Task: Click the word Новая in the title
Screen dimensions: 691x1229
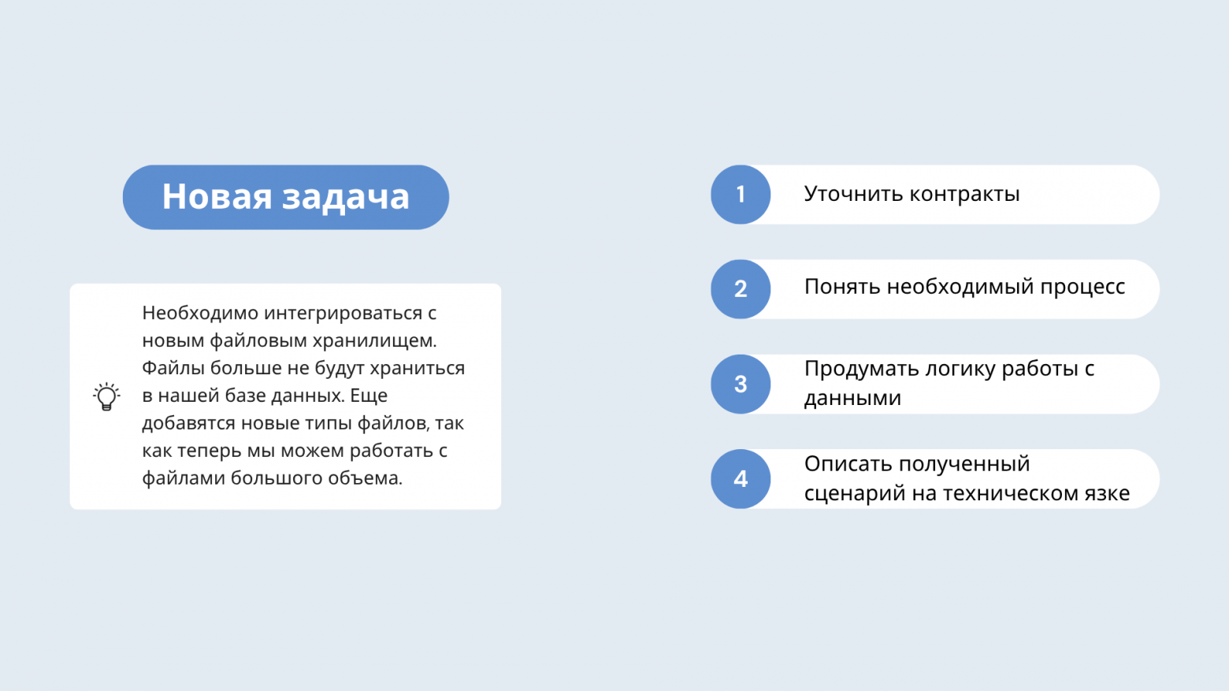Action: pyautogui.click(x=216, y=197)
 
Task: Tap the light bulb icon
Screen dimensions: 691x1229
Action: pyautogui.click(x=106, y=396)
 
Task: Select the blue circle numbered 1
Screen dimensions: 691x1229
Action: pyautogui.click(x=741, y=195)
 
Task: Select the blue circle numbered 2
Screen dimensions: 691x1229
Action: pyautogui.click(x=741, y=289)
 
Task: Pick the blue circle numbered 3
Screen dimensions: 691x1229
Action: pyautogui.click(x=741, y=385)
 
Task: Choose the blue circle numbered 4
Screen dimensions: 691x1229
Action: pyautogui.click(x=741, y=479)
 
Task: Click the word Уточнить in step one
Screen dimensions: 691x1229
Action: pyautogui.click(x=853, y=194)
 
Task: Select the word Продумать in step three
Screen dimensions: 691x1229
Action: pyautogui.click(x=861, y=369)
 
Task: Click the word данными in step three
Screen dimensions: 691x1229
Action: pyautogui.click(x=852, y=398)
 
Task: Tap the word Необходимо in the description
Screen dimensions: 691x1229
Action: pyautogui.click(x=200, y=313)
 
